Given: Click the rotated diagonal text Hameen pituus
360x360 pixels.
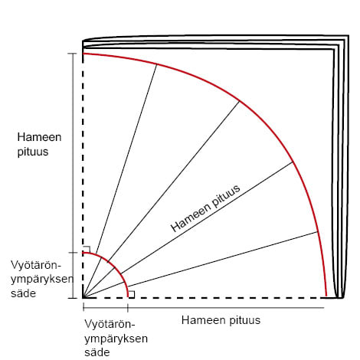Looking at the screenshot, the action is click(x=205, y=208).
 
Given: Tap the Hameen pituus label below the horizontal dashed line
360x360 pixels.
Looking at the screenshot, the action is click(x=221, y=320).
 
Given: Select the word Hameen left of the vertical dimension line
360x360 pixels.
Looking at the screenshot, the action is click(x=39, y=137).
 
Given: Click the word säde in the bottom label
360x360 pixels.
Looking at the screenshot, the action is click(x=97, y=352).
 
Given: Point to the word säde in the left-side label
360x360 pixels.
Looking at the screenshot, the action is click(x=23, y=293).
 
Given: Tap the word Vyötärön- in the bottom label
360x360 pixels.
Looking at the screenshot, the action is click(x=110, y=324).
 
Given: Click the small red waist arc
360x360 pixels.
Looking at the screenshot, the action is click(x=115, y=266).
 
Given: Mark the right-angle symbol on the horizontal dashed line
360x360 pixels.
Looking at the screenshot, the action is click(x=131, y=294).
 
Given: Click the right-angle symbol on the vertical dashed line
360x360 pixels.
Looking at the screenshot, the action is click(x=87, y=250).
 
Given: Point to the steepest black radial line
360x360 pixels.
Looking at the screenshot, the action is click(x=120, y=181).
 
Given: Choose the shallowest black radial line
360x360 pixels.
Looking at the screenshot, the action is click(x=201, y=265).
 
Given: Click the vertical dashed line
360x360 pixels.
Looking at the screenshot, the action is click(x=83, y=175).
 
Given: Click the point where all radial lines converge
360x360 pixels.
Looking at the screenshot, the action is click(x=83, y=298).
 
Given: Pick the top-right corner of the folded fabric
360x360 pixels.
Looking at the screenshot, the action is click(x=349, y=35).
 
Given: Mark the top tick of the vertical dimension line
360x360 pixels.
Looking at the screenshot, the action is click(x=72, y=54).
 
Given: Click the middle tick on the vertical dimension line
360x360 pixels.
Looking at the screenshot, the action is click(x=73, y=253).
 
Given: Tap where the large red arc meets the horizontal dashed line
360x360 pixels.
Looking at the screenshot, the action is click(x=326, y=297).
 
